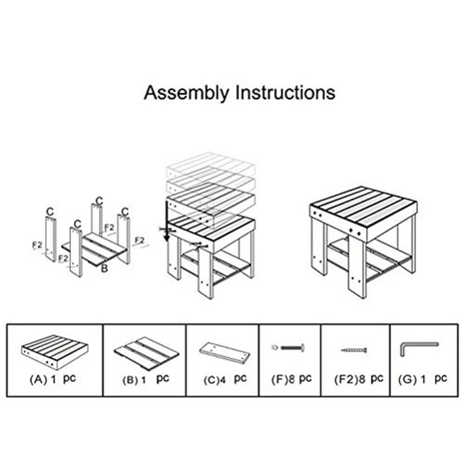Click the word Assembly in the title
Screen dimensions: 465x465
tap(186, 92)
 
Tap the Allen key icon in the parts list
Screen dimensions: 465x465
tap(417, 348)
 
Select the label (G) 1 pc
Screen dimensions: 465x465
tap(422, 379)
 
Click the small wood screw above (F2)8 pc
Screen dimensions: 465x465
tap(354, 349)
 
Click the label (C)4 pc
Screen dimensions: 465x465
tap(225, 379)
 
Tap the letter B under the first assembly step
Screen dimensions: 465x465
tap(105, 268)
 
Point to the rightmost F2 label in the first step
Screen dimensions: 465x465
tap(139, 240)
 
